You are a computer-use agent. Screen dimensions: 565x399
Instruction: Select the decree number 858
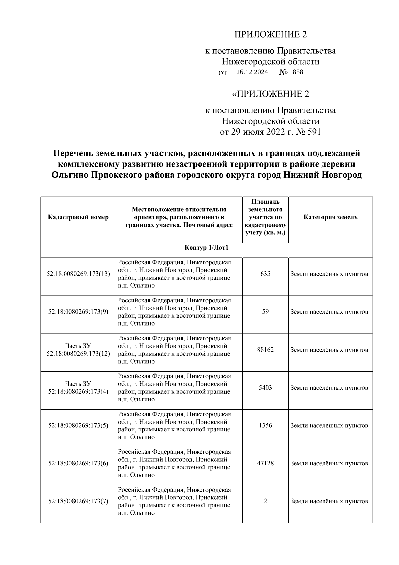298,72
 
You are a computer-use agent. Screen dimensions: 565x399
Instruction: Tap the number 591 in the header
314,132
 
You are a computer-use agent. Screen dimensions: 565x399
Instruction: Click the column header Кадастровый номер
78,217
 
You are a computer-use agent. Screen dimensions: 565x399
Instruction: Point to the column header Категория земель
331,217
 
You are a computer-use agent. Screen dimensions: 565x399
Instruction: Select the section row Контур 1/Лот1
206,248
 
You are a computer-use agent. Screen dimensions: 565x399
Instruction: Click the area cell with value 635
265,274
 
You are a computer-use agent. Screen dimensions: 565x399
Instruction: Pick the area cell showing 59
265,312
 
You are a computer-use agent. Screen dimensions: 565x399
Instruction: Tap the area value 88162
265,350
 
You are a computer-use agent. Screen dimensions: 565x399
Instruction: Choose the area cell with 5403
265,388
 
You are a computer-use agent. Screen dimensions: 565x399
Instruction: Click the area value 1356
265,426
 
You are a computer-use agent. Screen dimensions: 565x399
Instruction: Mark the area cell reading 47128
265,463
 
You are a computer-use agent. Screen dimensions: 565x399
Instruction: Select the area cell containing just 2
265,501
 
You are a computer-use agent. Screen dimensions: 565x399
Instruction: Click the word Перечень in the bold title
72,153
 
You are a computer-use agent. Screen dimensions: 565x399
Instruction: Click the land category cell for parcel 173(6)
329,463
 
